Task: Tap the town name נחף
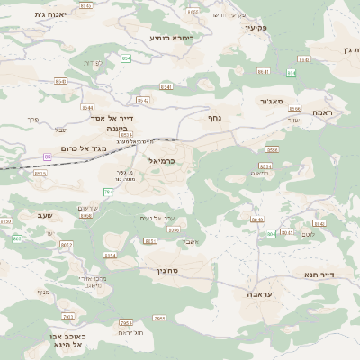tap(215, 118)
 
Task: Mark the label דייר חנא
tap(319, 274)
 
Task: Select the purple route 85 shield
tap(47, 157)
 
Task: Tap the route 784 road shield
tap(109, 192)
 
